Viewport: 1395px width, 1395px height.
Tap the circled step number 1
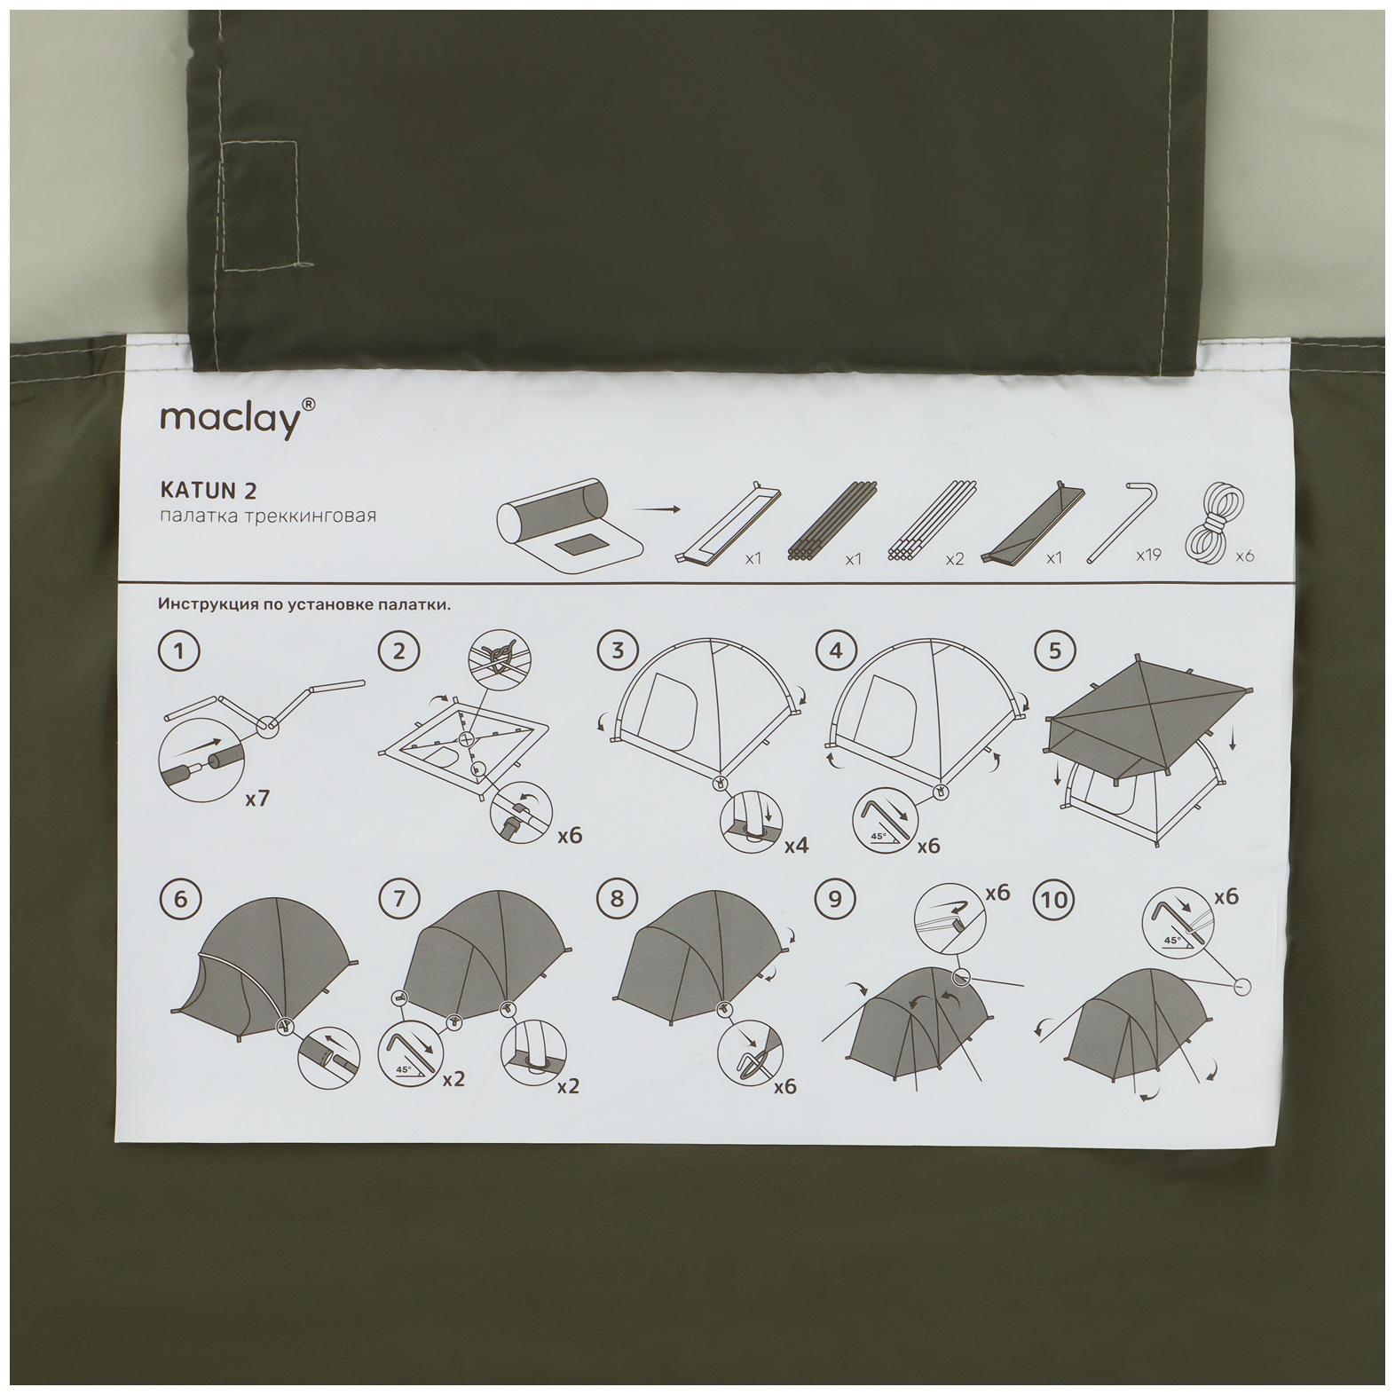click(179, 651)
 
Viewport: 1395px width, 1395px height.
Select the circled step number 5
click(1054, 651)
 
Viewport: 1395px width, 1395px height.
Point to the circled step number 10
click(1054, 900)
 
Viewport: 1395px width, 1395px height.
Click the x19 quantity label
click(1148, 556)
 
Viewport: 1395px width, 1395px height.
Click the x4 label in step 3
click(796, 845)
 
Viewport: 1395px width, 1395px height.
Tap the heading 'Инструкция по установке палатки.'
click(304, 605)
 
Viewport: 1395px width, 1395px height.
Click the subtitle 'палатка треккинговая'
click(268, 516)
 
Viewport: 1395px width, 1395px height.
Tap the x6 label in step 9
click(997, 893)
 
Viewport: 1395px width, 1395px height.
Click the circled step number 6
click(180, 899)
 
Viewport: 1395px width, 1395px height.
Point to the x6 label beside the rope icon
click(1245, 556)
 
